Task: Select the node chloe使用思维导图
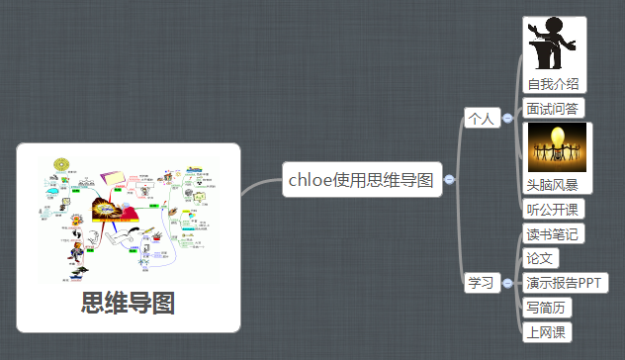tap(361, 180)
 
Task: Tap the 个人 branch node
tap(481, 119)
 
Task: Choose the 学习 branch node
tap(481, 283)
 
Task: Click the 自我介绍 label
tap(553, 84)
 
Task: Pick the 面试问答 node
tap(553, 108)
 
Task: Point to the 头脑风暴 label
tap(553, 185)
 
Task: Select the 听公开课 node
tap(553, 209)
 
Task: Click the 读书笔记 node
tap(553, 234)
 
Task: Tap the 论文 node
tap(541, 258)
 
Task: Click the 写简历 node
tap(547, 307)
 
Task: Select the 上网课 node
tap(547, 331)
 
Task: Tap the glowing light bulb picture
tap(557, 147)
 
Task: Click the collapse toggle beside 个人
tap(507, 119)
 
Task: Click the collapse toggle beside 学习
tap(507, 283)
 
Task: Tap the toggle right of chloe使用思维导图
tap(450, 180)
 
